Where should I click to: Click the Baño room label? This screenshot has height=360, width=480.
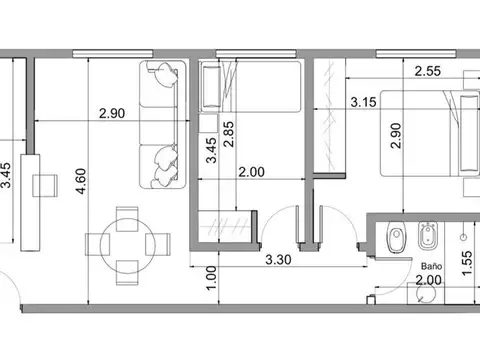point(432,267)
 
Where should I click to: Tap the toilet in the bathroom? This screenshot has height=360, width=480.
point(393,238)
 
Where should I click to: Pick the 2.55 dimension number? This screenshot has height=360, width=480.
point(428,71)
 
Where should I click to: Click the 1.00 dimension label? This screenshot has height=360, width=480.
point(210,276)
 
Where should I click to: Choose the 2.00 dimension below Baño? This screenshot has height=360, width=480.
point(428,284)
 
